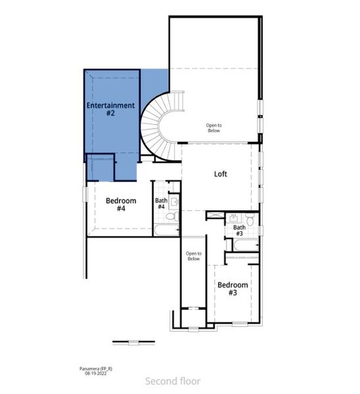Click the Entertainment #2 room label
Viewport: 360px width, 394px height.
tap(111, 109)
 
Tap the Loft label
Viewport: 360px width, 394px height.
tap(221, 174)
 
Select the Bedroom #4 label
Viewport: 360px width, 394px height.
tap(121, 204)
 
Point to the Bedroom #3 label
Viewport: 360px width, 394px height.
tap(233, 289)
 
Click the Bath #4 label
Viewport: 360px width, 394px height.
tap(161, 204)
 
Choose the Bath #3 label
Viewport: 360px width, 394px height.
tap(239, 230)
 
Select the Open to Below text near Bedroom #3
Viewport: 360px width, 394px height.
tap(193, 256)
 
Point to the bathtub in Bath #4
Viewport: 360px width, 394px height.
tap(166, 230)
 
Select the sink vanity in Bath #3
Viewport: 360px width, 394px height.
tap(234, 218)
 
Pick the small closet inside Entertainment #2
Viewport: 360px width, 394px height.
tap(102, 167)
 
